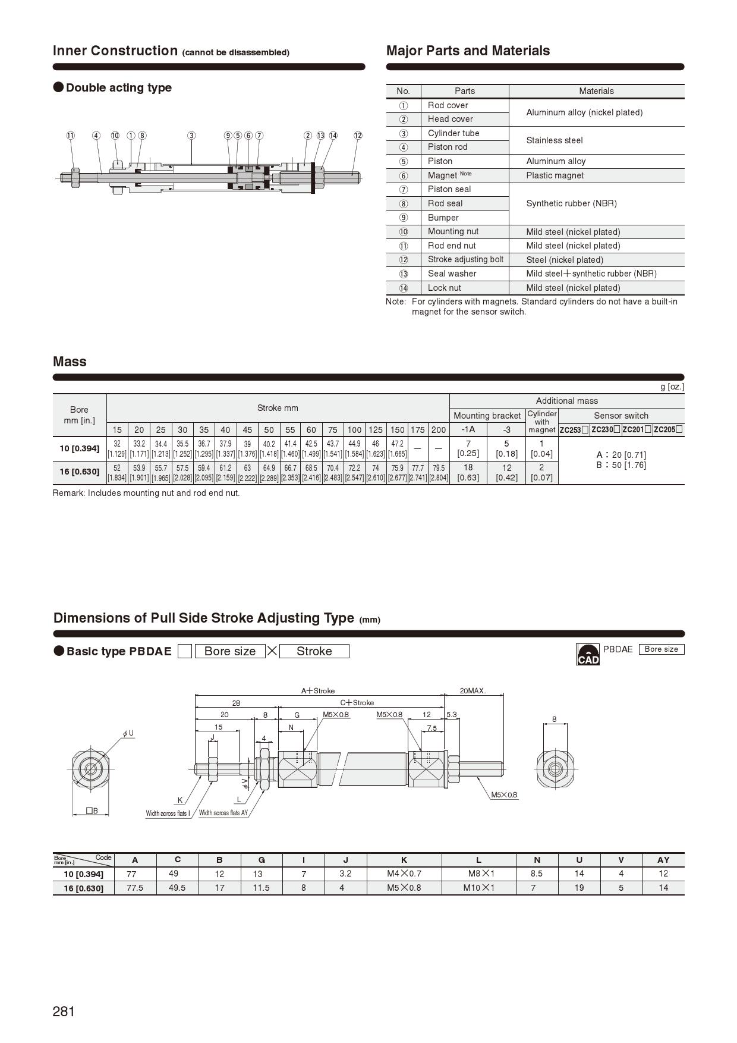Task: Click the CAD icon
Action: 588,654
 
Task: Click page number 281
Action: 64,1011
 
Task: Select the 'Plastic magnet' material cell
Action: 555,175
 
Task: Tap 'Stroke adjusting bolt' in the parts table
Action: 465,259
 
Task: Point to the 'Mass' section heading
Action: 70,362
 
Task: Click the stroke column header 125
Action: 376,430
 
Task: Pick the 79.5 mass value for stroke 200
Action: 439,468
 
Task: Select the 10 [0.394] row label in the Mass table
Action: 79,448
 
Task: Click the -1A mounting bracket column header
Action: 468,429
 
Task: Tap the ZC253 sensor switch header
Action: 574,430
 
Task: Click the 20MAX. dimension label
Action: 473,691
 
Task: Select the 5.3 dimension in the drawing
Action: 452,715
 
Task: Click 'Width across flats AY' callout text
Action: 223,813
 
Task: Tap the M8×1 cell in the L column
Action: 478,874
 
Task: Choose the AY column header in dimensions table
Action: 663,860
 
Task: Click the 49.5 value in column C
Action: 177,888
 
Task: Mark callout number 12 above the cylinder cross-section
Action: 358,136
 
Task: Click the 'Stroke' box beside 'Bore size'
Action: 314,651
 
